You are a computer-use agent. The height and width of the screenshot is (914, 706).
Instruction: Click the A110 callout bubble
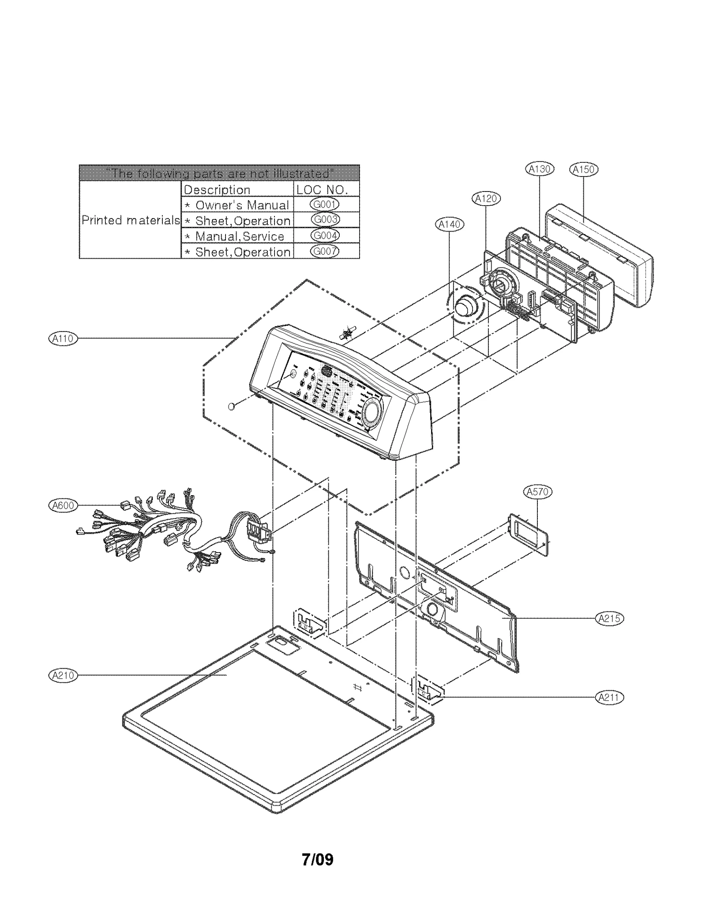click(62, 339)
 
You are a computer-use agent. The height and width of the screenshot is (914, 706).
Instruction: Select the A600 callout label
click(63, 505)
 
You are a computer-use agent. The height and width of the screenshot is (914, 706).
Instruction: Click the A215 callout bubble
click(609, 618)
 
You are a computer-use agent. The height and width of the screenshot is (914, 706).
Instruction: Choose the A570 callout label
click(537, 492)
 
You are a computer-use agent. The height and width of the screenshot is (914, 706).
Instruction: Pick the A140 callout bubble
click(449, 225)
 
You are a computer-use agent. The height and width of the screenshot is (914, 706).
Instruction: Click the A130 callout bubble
click(540, 169)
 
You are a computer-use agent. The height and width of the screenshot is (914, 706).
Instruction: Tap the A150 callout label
click(583, 169)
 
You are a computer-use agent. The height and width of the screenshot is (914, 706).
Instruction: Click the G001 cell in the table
click(325, 204)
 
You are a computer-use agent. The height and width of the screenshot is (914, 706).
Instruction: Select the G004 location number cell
click(325, 236)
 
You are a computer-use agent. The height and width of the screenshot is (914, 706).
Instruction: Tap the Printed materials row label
click(131, 220)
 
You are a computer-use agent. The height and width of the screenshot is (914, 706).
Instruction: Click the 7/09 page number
click(317, 859)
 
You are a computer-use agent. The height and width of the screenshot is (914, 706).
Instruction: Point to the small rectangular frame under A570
click(529, 535)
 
